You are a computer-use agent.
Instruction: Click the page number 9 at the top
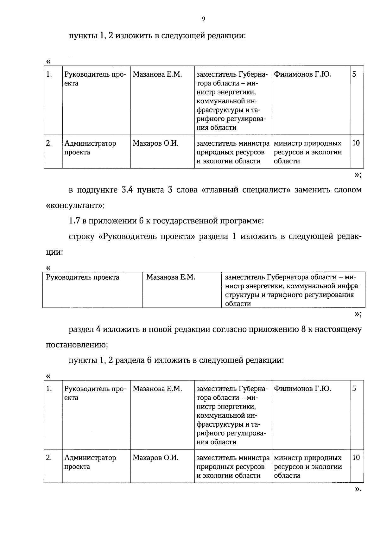pos(204,19)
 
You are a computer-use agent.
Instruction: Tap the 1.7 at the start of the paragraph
pos(74,221)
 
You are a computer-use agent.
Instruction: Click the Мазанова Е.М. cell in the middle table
pos(171,277)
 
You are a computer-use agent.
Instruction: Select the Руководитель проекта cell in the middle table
pos(83,277)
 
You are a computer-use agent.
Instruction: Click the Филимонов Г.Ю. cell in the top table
pos(302,74)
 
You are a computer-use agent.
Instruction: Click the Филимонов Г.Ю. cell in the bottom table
pos(302,389)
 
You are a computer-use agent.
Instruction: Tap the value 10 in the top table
pos(356,143)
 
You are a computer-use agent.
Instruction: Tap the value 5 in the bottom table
pos(354,389)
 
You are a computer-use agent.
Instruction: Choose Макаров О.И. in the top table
pos(155,143)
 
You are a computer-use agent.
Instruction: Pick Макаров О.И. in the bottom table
pos(155,458)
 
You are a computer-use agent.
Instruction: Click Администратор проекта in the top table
pos(90,148)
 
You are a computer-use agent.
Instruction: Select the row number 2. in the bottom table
pos(49,458)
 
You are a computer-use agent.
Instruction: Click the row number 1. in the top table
pos(49,74)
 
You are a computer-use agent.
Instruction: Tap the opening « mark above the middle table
pos(48,268)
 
